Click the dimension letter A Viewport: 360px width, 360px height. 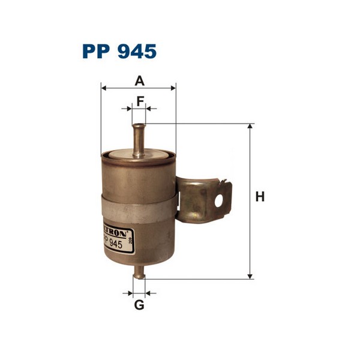pyautogui.click(x=139, y=80)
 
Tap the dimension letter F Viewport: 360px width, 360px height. pyautogui.click(x=139, y=100)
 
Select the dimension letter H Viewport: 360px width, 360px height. pyautogui.click(x=260, y=196)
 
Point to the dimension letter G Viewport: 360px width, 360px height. pyautogui.click(x=139, y=305)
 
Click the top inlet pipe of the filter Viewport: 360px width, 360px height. pyautogui.click(x=139, y=138)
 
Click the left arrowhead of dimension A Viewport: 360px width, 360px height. pyautogui.click(x=104, y=88)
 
